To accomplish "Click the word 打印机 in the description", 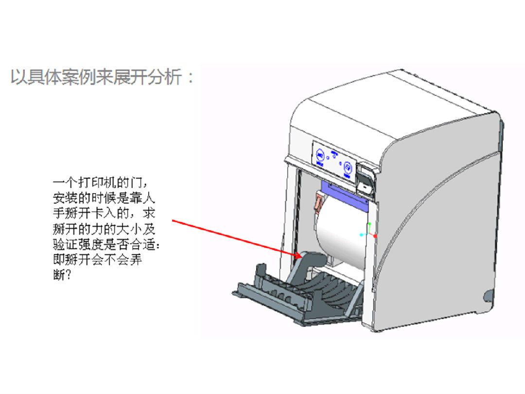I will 91,183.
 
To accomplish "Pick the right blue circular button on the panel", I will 348,168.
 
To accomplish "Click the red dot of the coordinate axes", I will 375,236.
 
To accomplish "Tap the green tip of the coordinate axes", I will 369,225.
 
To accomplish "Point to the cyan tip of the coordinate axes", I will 362,235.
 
